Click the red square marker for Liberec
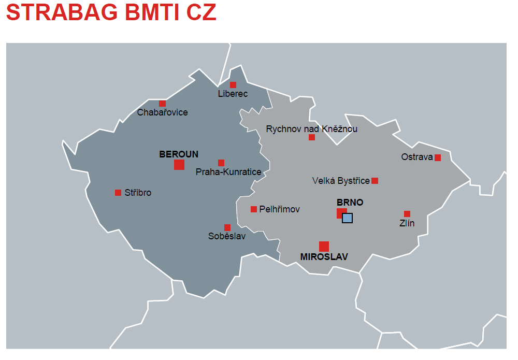[233, 85]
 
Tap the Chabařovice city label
[162, 112]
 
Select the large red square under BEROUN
[179, 165]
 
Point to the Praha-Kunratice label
[228, 172]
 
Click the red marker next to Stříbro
[118, 193]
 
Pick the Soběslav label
[227, 237]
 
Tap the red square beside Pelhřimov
[254, 209]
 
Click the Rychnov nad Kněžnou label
[312, 129]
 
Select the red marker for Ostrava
[438, 157]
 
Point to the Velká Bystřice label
[341, 181]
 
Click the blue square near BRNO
[348, 218]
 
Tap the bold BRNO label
[350, 203]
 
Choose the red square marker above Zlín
[407, 214]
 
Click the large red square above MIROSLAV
[324, 247]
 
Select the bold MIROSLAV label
[324, 257]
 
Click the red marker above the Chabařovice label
[163, 104]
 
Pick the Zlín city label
[407, 223]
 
